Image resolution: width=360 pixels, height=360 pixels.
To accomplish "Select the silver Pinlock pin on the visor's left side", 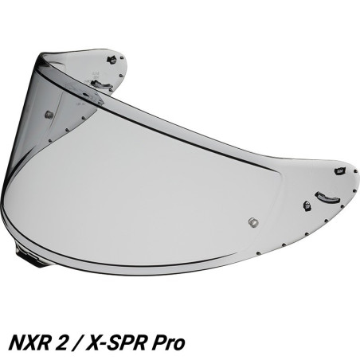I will click(49, 115).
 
